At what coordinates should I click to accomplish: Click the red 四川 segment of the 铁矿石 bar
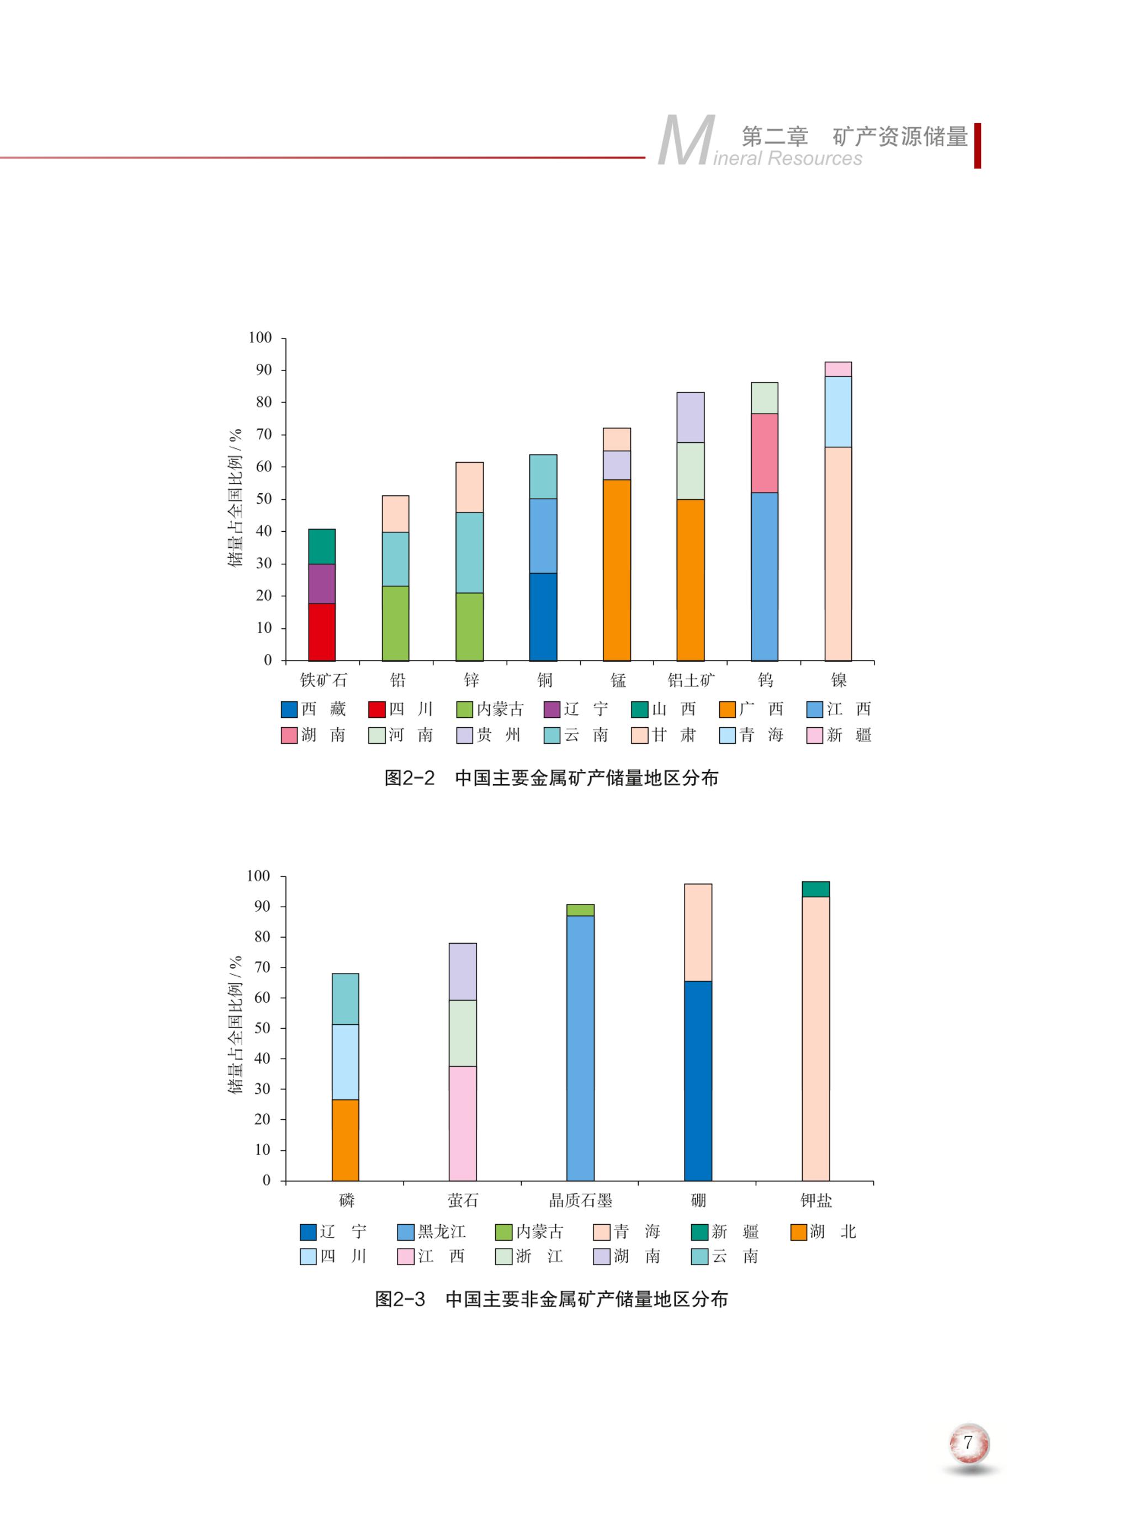pos(321,632)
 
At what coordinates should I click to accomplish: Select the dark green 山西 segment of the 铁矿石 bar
pos(321,546)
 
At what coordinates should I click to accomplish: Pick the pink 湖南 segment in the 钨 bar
pos(764,453)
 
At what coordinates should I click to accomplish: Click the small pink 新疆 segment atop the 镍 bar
pos(838,369)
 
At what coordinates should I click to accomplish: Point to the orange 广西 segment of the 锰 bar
pos(617,570)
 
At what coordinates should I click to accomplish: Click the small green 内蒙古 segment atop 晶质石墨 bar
pos(580,910)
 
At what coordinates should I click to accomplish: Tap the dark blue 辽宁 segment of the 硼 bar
pos(698,1081)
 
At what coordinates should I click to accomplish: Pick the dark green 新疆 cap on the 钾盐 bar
pos(815,889)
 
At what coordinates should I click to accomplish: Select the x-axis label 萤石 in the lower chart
pos(463,1200)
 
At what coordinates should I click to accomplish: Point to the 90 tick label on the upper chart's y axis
pos(263,370)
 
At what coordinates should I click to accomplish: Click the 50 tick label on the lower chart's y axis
pos(262,1028)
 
